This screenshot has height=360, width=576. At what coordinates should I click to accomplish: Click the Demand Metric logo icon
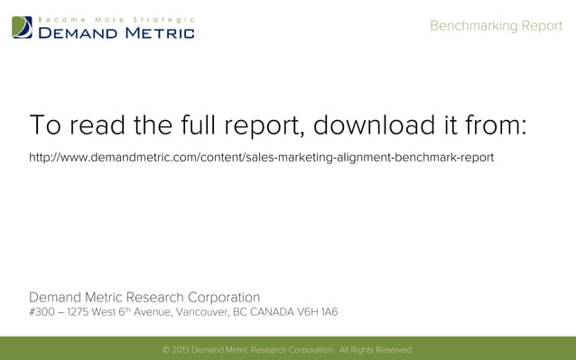pyautogui.click(x=23, y=27)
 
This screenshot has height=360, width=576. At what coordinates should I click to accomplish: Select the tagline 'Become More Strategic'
pyautogui.click(x=116, y=19)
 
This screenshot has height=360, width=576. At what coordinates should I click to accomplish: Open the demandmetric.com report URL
pyautogui.click(x=262, y=158)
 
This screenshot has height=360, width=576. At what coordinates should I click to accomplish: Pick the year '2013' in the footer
pyautogui.click(x=181, y=350)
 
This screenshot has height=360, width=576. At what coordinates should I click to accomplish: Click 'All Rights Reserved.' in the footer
pyautogui.click(x=376, y=350)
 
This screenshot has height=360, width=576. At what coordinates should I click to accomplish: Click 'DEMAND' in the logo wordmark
pyautogui.click(x=76, y=33)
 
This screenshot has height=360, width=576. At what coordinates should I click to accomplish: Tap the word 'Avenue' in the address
pyautogui.click(x=151, y=313)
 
